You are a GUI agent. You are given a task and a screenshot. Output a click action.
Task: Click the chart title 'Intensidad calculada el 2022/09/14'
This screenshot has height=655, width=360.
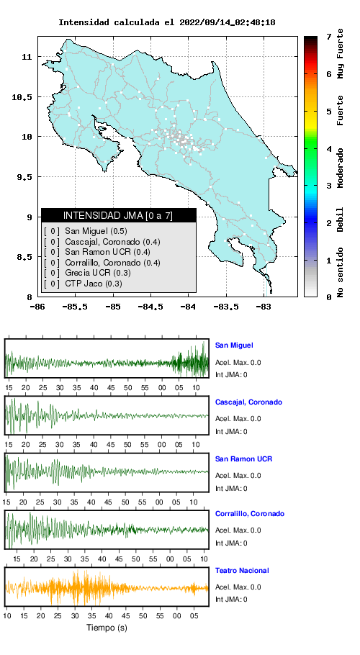tap(140, 22)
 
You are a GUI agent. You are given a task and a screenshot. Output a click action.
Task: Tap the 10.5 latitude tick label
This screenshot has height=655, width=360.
tap(21, 97)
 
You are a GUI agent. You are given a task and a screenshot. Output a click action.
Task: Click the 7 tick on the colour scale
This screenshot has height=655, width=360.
tap(329, 37)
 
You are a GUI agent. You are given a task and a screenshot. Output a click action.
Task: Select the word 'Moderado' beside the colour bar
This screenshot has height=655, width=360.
tap(341, 168)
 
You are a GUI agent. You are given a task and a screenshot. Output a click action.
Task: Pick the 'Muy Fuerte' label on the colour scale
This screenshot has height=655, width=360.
tap(341, 54)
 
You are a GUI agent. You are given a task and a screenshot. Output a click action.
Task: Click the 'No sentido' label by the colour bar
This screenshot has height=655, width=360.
tap(341, 272)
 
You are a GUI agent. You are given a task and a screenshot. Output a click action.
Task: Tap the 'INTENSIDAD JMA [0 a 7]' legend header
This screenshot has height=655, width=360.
tap(118, 215)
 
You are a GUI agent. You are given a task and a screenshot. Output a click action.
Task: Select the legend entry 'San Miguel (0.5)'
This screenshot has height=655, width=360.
tap(96, 231)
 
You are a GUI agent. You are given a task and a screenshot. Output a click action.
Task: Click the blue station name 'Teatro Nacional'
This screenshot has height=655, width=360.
tap(242, 570)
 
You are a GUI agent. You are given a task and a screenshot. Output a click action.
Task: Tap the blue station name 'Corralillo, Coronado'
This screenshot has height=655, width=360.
tap(250, 514)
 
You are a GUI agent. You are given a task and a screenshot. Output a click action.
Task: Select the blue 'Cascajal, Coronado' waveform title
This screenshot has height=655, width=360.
tap(248, 402)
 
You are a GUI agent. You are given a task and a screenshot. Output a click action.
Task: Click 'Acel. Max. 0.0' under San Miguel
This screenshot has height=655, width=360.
tap(238, 363)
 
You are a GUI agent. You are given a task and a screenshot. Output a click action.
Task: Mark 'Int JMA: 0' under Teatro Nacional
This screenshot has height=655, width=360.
tap(231, 600)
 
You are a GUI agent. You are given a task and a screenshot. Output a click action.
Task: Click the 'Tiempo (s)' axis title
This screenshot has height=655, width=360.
tap(107, 628)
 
